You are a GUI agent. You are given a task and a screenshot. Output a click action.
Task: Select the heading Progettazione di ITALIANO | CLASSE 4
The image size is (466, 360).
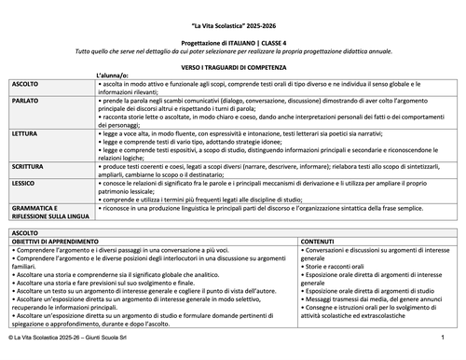click(x=233, y=45)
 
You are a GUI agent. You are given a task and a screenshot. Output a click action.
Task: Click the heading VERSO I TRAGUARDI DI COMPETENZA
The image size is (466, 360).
click(x=233, y=67)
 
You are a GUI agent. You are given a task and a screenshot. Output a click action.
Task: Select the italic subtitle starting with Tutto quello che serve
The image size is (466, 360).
click(x=233, y=53)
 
